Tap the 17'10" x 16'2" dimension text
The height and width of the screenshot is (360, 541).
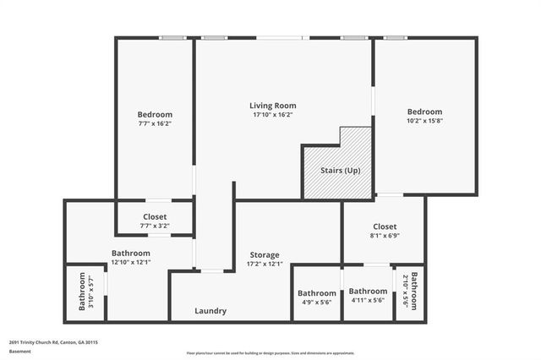click(x=273, y=115)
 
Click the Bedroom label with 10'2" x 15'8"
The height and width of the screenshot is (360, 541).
click(x=424, y=112)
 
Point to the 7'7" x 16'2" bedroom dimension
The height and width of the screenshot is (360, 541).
click(x=155, y=123)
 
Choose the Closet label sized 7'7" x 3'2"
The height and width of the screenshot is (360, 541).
click(x=155, y=216)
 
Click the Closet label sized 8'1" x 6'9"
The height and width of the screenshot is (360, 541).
click(x=385, y=226)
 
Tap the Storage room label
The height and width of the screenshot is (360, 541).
click(x=264, y=254)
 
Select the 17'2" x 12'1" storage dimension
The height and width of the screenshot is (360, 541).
click(x=264, y=264)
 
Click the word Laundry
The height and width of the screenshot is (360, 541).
click(x=210, y=311)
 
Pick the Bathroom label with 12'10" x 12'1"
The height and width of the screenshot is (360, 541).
click(x=131, y=253)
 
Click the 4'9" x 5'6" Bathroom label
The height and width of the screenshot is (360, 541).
click(x=317, y=293)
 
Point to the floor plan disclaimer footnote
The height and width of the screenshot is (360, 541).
click(x=270, y=352)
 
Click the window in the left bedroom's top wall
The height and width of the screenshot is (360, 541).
click(x=173, y=37)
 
